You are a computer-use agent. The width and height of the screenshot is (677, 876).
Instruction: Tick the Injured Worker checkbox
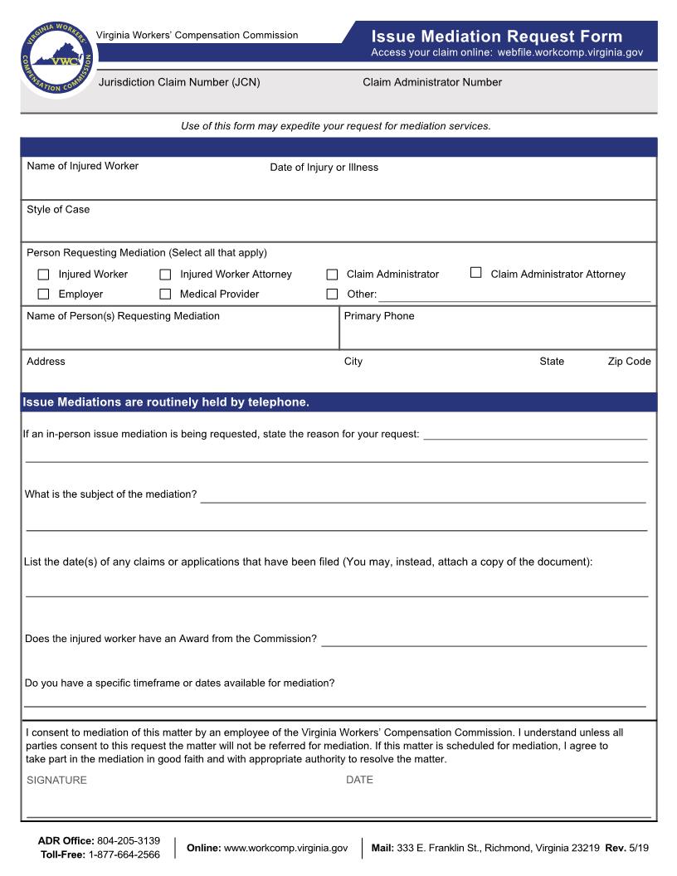pyautogui.click(x=44, y=275)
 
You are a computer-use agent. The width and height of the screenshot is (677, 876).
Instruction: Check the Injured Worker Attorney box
pyautogui.click(x=165, y=275)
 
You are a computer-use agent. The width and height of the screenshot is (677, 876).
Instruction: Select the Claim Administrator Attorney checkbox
pyautogui.click(x=476, y=273)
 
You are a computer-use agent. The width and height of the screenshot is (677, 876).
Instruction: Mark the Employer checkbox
pyautogui.click(x=44, y=294)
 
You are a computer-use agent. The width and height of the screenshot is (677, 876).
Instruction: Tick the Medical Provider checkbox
pyautogui.click(x=165, y=294)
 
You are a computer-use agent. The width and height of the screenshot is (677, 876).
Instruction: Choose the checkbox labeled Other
pyautogui.click(x=332, y=294)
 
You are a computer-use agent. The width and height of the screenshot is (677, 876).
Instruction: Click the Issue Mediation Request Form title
pyautogui.click(x=496, y=36)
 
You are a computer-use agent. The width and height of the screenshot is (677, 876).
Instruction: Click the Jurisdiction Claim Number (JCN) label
pyautogui.click(x=179, y=82)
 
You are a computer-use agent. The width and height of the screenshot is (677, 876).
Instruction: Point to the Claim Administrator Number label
pyautogui.click(x=431, y=82)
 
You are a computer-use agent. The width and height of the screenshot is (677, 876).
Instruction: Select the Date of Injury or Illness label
pyautogui.click(x=324, y=168)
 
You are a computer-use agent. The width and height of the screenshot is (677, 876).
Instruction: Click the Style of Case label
pyautogui.click(x=58, y=210)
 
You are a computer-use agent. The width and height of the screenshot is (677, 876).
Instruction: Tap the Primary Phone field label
pyautogui.click(x=378, y=316)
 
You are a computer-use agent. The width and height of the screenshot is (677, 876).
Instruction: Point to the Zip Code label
pyautogui.click(x=629, y=362)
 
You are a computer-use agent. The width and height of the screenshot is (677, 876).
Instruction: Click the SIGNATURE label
pyautogui.click(x=56, y=781)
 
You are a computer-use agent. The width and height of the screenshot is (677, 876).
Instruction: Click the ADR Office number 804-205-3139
pyautogui.click(x=129, y=841)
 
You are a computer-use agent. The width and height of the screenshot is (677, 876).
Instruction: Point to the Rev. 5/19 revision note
pyautogui.click(x=627, y=848)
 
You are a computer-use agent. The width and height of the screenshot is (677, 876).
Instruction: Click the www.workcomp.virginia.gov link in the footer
pyautogui.click(x=285, y=848)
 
